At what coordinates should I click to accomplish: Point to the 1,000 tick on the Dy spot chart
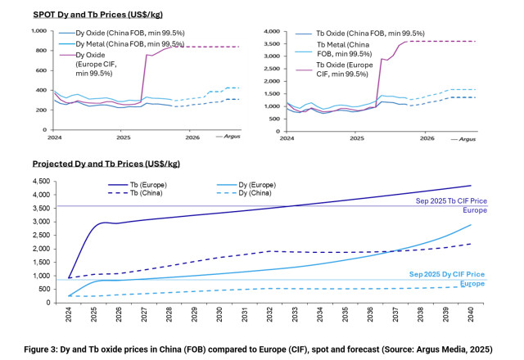(38, 31)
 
